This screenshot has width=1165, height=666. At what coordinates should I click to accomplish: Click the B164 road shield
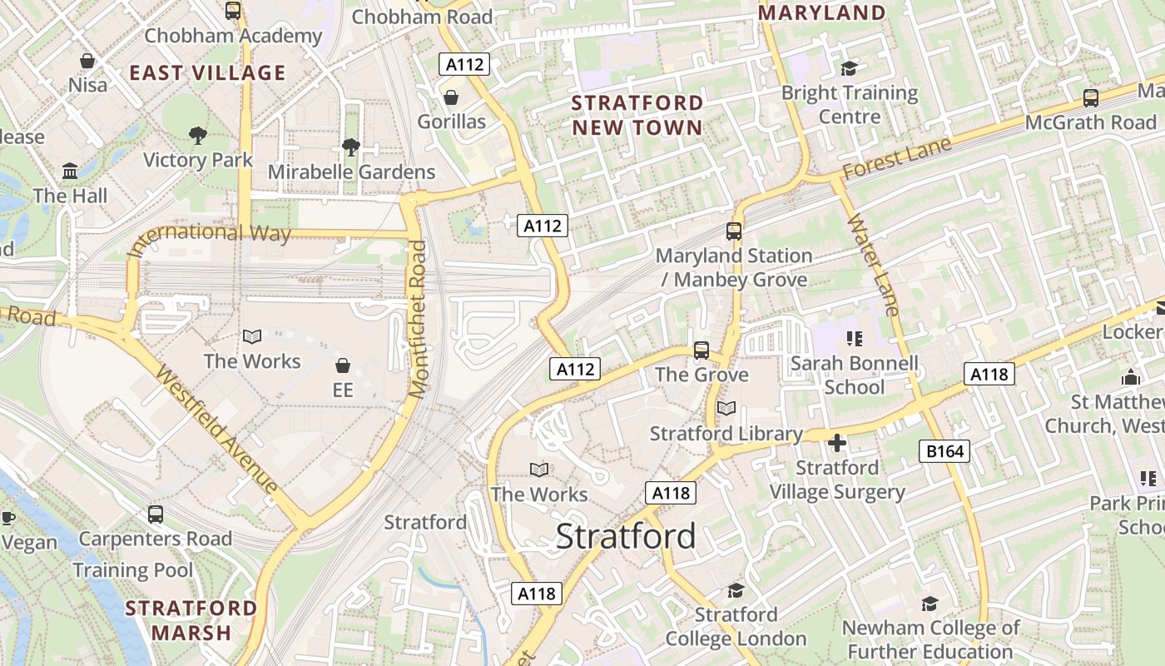pos(945,452)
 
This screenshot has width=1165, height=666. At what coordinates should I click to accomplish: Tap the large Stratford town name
pos(626,536)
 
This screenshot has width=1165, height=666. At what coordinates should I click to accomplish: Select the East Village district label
pos(207,72)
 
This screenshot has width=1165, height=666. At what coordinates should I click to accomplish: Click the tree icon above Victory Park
pos(197,135)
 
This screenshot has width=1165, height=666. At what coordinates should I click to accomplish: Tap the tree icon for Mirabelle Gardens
pos(350,147)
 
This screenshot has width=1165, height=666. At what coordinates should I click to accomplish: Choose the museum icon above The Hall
pos(70,171)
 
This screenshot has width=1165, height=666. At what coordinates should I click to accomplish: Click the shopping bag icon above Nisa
pos(87,61)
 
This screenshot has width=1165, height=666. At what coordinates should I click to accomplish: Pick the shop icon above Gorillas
pos(451,97)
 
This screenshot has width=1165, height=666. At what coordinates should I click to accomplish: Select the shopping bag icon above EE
pos(342,365)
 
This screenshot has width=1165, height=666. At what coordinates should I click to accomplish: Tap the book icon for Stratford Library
pos(726,409)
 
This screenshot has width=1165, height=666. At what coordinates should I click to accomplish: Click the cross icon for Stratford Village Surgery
pos(837,443)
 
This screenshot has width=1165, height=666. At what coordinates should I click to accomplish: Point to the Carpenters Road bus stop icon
pos(156,514)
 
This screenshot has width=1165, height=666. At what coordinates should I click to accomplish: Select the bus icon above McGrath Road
pos(1090,98)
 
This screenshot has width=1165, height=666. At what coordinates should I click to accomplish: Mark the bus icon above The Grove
pos(701,350)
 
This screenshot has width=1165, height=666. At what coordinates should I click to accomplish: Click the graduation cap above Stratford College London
pos(736,590)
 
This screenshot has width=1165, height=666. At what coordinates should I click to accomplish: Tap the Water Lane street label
pos(874,265)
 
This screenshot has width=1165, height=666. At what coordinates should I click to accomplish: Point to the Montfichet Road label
pos(419,319)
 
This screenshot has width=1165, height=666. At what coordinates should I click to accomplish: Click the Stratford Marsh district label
pos(191,620)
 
